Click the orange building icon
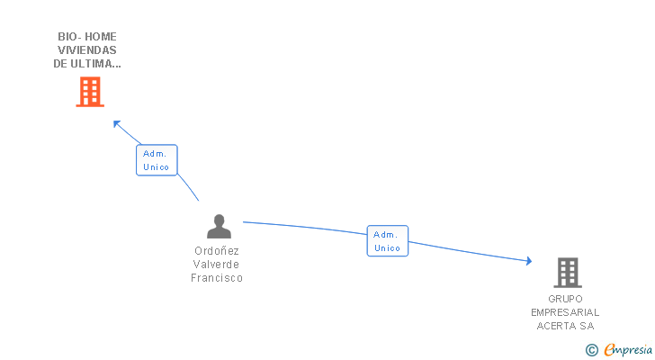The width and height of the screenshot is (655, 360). tap(90, 91)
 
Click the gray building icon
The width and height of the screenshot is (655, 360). tap(567, 272)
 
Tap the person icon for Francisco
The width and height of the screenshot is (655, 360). tap(218, 226)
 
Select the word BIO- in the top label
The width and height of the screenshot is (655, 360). tap(68, 37)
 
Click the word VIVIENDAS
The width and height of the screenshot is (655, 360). tap(87, 50)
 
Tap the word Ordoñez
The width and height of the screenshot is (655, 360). tap(217, 251)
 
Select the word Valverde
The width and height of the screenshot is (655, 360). tap(217, 265)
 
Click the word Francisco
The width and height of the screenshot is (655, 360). tap(217, 278)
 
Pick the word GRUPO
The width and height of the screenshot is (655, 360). tap(565, 299)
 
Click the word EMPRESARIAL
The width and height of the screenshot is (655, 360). tap(565, 312)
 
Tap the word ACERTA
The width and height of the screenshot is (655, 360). tap(557, 326)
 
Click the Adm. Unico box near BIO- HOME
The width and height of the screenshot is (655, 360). tap(157, 160)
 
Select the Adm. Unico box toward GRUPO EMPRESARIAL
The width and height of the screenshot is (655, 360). tap(387, 241)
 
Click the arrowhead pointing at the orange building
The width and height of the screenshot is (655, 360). tap(116, 123)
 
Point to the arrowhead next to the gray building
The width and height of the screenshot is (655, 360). tap(527, 262)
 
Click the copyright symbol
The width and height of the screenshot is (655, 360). tap(591, 350)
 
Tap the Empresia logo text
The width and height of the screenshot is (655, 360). tap(627, 350)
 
